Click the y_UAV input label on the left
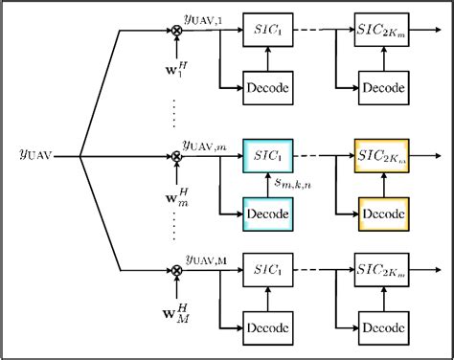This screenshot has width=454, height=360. click(36, 152)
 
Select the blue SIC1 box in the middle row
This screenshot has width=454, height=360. click(269, 153)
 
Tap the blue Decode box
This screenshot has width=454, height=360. click(269, 210)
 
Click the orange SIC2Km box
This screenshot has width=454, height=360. click(381, 153)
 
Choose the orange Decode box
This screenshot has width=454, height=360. click(381, 210)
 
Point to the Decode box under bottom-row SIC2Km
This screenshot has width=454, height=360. click(381, 328)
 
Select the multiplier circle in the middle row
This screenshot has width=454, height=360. click(176, 153)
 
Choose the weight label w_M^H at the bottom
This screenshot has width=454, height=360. click(174, 313)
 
